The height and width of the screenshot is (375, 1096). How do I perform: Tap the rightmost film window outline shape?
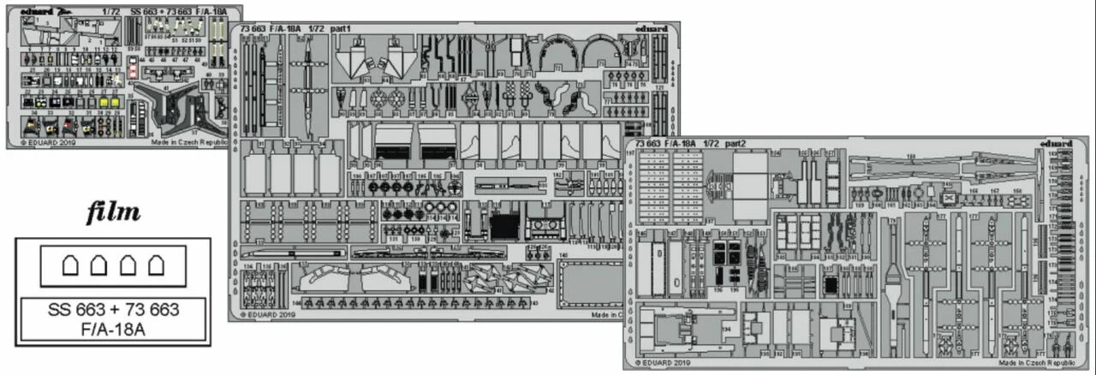point(156,266)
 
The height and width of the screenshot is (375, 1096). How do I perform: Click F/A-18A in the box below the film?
point(113,327)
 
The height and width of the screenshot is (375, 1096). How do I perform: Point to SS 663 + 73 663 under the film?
point(113,309)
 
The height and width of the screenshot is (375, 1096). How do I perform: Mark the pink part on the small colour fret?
point(132,72)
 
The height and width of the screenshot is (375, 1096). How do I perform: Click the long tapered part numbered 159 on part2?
point(942,167)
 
